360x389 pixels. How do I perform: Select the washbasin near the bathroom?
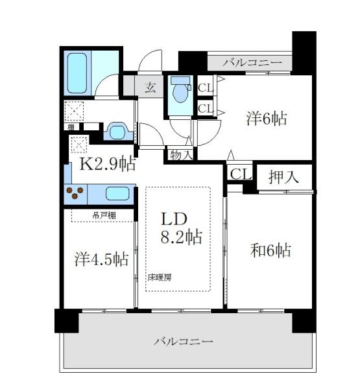point(117,132)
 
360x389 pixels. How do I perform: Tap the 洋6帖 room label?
point(266,119)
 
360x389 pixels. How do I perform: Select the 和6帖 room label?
point(270,250)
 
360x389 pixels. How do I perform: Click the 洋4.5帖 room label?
point(100,259)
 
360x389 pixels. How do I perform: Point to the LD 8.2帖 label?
point(180,228)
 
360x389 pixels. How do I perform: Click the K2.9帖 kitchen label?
point(107,163)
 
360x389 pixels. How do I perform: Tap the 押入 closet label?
point(284,176)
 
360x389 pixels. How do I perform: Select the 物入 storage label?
point(181,154)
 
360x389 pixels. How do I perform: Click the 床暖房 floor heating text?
point(160,277)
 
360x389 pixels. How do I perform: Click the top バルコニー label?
point(252,62)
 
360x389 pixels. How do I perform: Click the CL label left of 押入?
point(240,174)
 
